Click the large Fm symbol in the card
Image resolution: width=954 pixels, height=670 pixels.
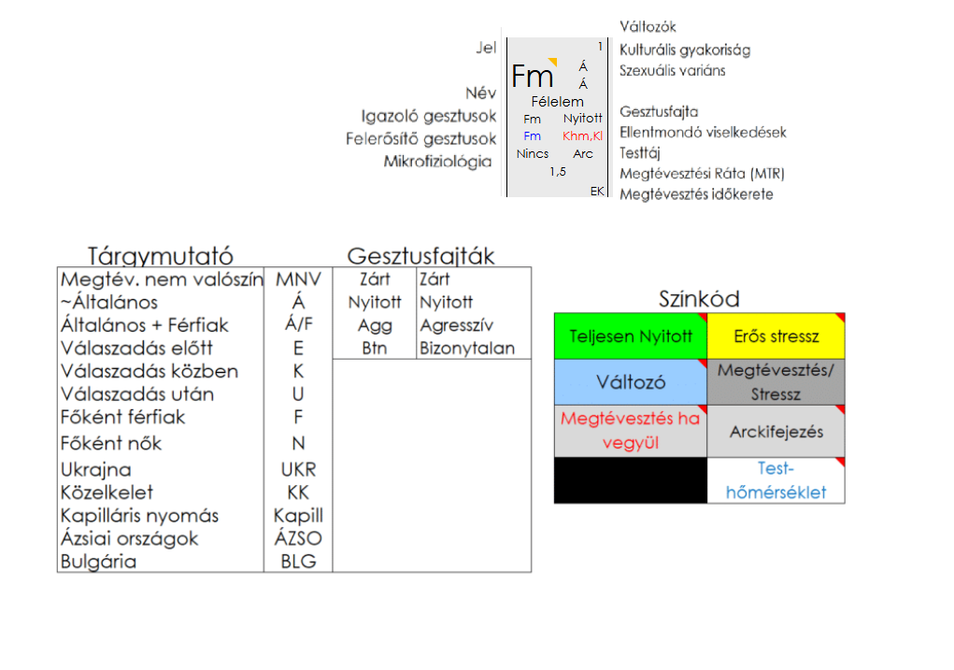(x=533, y=76)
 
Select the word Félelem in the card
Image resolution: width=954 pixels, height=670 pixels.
(x=557, y=101)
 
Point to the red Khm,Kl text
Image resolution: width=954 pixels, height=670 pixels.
(x=583, y=136)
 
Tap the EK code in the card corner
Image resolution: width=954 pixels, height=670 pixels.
(x=597, y=191)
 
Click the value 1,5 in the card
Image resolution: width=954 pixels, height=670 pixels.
(x=557, y=172)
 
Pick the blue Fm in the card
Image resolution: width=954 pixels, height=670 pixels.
(x=532, y=136)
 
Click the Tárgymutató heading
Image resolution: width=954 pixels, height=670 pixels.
(x=160, y=255)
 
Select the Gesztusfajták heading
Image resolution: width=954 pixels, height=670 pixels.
(x=420, y=255)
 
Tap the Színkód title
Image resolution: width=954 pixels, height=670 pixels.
(x=699, y=299)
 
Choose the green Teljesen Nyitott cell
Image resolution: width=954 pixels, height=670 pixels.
(x=631, y=336)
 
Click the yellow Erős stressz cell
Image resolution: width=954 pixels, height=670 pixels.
(x=776, y=336)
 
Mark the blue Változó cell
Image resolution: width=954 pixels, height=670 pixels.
(x=631, y=382)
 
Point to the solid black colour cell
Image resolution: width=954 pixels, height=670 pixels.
(x=631, y=480)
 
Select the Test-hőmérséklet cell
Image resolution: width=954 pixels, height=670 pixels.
(x=776, y=480)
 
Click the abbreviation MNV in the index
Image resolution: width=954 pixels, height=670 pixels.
(x=298, y=278)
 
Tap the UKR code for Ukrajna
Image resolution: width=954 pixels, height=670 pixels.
(x=298, y=469)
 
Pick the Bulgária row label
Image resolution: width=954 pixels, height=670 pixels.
(x=98, y=562)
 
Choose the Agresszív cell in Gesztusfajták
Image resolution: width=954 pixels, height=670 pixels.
(x=457, y=325)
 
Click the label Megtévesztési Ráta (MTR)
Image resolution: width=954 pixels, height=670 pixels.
(x=702, y=174)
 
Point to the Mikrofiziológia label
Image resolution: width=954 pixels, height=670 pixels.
(x=437, y=162)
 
